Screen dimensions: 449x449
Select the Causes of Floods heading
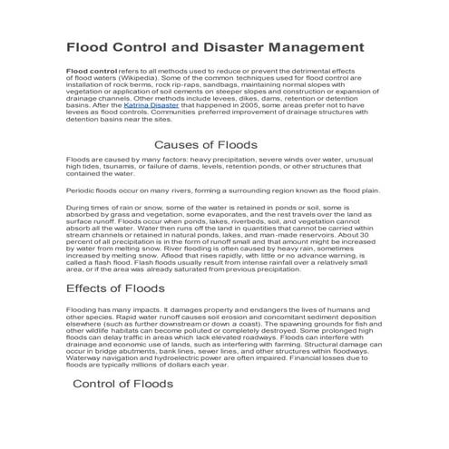pos(205,144)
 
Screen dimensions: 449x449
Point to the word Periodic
pos(83,192)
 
